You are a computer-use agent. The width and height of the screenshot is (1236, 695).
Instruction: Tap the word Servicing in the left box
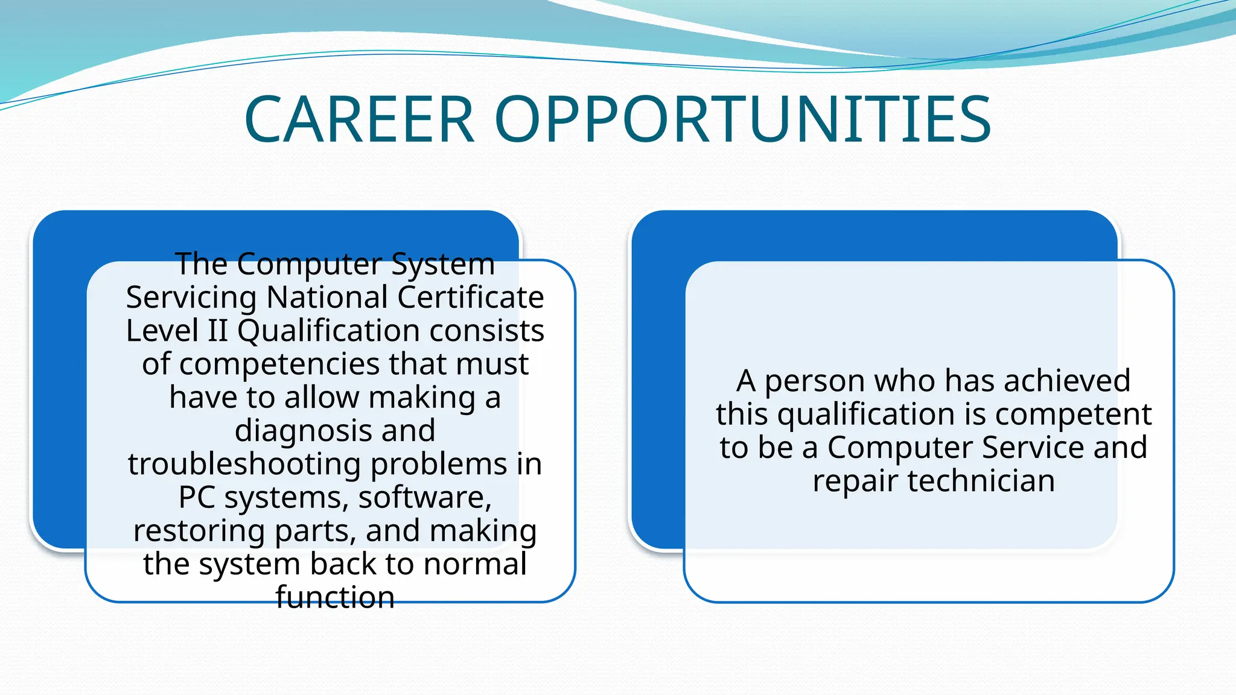click(x=191, y=298)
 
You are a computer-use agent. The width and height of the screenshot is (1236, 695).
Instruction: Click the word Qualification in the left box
click(x=329, y=331)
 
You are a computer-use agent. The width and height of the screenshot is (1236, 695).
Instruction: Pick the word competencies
click(x=281, y=364)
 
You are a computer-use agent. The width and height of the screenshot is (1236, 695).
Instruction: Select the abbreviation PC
click(x=197, y=498)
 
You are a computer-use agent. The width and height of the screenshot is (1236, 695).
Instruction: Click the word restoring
click(x=200, y=531)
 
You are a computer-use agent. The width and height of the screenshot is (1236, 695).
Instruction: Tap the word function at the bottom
click(x=335, y=597)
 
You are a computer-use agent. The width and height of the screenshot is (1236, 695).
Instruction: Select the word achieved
click(x=1066, y=381)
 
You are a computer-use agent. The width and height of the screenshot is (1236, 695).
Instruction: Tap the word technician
click(x=981, y=481)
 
